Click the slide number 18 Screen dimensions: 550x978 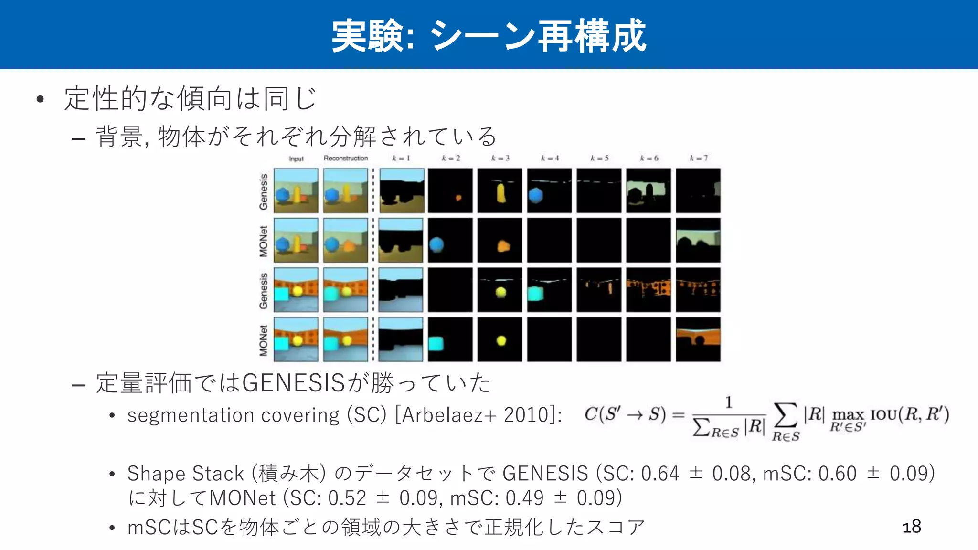[911, 527]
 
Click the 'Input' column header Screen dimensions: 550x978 [296, 159]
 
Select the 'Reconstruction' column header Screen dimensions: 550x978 [346, 158]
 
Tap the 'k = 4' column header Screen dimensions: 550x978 [550, 158]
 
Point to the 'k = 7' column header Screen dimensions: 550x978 [698, 158]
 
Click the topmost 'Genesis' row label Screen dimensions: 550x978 [263, 191]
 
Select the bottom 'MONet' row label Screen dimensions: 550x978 [263, 340]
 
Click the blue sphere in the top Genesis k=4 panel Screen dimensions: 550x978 [536, 195]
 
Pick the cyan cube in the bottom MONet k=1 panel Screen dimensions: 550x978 [436, 343]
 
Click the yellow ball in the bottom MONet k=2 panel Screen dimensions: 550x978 [501, 341]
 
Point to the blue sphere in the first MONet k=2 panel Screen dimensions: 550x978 [436, 244]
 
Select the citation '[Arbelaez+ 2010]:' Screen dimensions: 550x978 [478, 415]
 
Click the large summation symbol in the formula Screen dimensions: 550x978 [786, 414]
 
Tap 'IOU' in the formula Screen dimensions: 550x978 [883, 414]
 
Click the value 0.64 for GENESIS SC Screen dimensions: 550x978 [659, 474]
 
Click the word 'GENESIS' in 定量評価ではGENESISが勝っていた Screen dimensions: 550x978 [294, 383]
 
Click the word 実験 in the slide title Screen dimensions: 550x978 [367, 36]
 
